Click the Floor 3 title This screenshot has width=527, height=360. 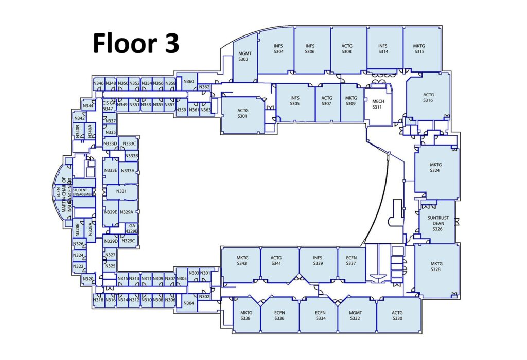136,43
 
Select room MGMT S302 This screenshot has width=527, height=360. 243,56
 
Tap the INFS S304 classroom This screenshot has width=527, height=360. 278,49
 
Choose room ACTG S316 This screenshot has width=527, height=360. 428,98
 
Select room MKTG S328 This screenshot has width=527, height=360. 436,267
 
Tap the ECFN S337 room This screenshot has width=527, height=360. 351,261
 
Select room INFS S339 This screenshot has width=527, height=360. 318,261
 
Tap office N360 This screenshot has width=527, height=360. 189,82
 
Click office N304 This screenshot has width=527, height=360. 188,303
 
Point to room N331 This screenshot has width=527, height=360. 121,191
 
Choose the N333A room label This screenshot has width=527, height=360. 127,171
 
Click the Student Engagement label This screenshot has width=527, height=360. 83,192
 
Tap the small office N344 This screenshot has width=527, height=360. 88,106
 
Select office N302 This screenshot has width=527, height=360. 204,297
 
